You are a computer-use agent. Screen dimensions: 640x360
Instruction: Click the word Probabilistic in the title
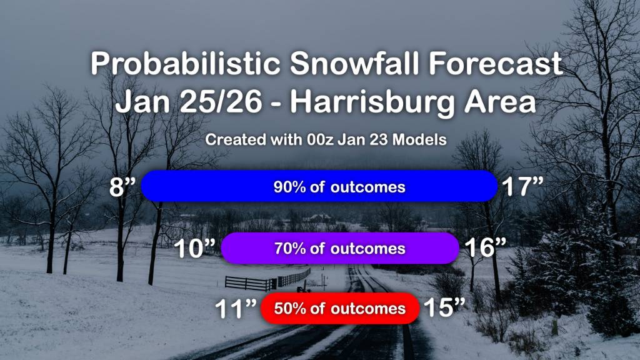(x=185, y=63)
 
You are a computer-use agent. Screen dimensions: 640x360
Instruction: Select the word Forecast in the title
(x=496, y=63)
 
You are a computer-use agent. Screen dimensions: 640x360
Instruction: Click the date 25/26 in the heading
(x=221, y=102)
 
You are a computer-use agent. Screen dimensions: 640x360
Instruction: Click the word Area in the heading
(x=500, y=102)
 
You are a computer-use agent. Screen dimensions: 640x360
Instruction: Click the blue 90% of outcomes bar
(x=319, y=186)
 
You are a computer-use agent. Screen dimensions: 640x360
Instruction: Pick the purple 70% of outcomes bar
(x=340, y=248)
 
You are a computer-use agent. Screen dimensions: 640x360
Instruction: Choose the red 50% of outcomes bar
(x=340, y=309)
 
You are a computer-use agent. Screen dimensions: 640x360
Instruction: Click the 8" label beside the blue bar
(x=122, y=186)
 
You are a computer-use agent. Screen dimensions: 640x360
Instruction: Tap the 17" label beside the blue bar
(x=522, y=186)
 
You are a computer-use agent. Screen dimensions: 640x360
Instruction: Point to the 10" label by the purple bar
(x=195, y=248)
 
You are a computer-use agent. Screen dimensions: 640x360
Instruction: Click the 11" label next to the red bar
(x=236, y=309)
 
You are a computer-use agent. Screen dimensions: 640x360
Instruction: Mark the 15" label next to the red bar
(x=444, y=307)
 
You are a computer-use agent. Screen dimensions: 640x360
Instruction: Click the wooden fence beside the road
(x=267, y=279)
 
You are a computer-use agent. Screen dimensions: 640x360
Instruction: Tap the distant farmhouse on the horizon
(x=318, y=218)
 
